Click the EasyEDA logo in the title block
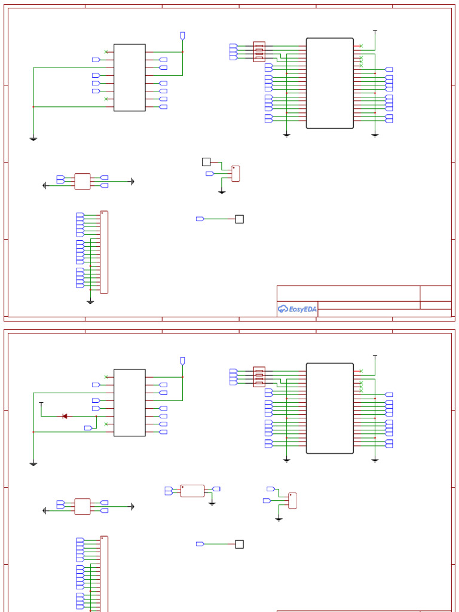pos(297,309)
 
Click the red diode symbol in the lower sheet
pos(65,416)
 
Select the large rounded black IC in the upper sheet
pos(330,83)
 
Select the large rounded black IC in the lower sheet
pos(330,408)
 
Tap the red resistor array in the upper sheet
pos(259,51)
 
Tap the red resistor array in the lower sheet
pos(259,377)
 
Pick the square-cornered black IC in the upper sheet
pos(129,77)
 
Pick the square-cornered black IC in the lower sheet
pos(129,402)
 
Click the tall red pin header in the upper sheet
pos(104,252)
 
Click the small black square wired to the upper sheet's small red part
pos(206,161)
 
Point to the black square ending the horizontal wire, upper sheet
pos(239,219)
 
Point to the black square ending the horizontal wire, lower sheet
pos(239,544)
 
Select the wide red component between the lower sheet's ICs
pos(192,491)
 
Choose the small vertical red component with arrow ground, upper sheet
pos(235,173)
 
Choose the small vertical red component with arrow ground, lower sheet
pos(292,500)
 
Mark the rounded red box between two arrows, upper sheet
pos(82,181)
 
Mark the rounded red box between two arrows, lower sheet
pos(82,506)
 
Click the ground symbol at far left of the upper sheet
pos(33,139)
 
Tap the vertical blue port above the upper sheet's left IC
pos(182,36)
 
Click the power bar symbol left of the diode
pos(41,404)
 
